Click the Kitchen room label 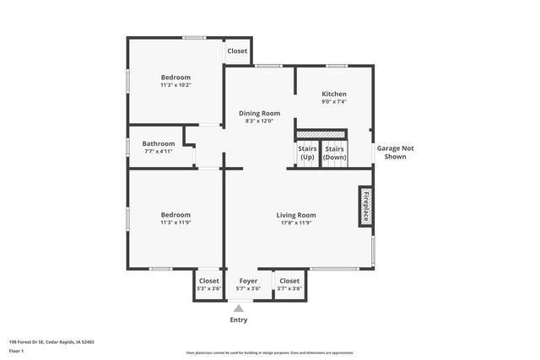[x=334, y=94]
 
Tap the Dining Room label [x=260, y=113]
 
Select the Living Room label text [x=296, y=215]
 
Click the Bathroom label [x=158, y=143]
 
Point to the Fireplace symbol [x=366, y=206]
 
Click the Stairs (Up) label [x=307, y=153]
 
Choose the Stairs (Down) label [x=335, y=153]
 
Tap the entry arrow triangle [x=239, y=309]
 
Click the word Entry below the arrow [x=239, y=320]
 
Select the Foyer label [x=248, y=281]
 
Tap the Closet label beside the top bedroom [x=237, y=51]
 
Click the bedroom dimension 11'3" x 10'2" [x=175, y=84]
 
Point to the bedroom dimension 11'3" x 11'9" [x=175, y=223]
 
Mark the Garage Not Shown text [x=395, y=152]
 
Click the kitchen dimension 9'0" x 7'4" [x=334, y=101]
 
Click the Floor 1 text [x=16, y=350]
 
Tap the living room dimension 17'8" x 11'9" [x=296, y=223]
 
